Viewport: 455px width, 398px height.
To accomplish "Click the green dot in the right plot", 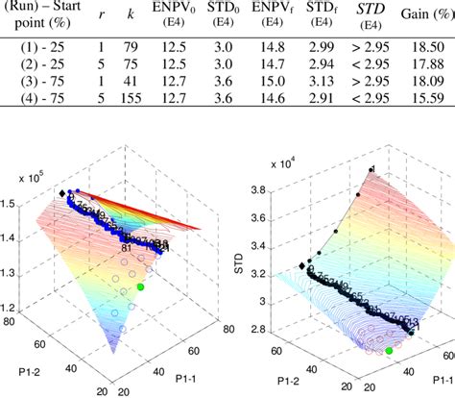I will [389, 351].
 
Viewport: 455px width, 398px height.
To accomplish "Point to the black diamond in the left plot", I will [63, 194].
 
